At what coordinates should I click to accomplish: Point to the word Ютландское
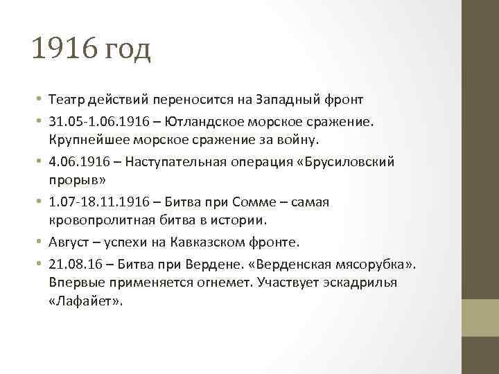(209, 122)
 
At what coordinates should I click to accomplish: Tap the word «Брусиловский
(352, 161)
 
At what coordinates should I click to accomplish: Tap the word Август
(69, 242)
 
